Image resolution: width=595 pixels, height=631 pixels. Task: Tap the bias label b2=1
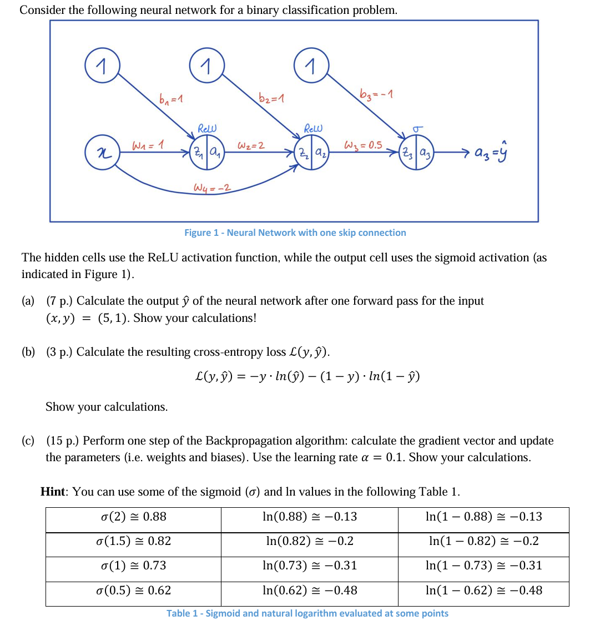[x=272, y=98]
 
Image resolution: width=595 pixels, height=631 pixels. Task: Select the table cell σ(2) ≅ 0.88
[x=133, y=517]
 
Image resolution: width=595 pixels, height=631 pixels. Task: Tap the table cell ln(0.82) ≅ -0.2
[x=309, y=541]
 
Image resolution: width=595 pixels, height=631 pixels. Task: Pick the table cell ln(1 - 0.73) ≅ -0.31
[x=483, y=566]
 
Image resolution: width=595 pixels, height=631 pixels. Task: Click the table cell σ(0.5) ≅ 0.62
[x=133, y=590]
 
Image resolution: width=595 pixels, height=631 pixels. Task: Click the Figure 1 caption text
[x=295, y=233]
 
